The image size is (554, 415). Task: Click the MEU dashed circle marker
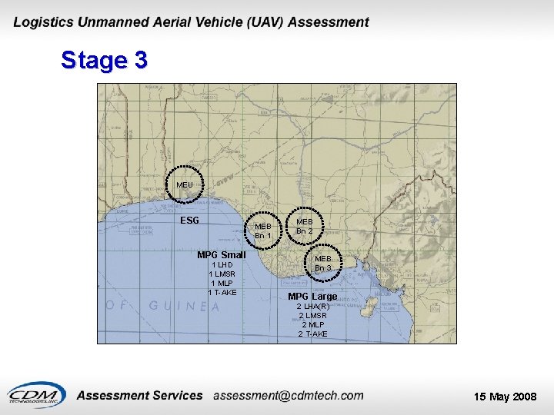coord(185,184)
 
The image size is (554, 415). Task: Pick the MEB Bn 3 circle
coord(322,264)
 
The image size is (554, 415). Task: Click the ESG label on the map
coord(189,221)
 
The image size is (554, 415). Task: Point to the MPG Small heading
coord(222,255)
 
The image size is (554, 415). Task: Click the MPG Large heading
coord(312,297)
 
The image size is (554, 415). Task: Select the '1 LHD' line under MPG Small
coord(221,265)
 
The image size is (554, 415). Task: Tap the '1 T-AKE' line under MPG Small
coord(222,292)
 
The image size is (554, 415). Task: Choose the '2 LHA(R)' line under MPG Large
coord(313,307)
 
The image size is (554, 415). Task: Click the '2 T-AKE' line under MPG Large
coord(313,334)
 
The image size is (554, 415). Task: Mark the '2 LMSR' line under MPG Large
coord(313,316)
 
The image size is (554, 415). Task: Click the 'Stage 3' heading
coord(104,60)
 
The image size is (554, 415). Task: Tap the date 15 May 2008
coord(505,397)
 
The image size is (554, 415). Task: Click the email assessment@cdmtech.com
coord(289,396)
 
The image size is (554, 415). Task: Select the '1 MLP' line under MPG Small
coord(222,283)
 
